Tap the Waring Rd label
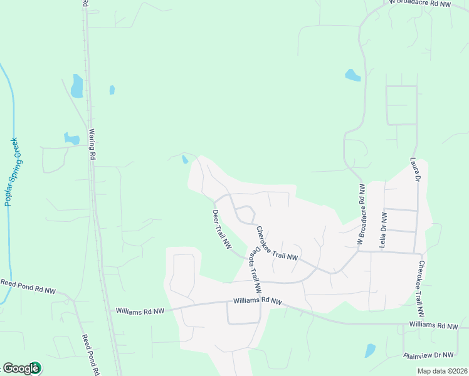(x=92, y=145)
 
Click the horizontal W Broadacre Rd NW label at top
(x=419, y=4)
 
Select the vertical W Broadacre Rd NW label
(x=361, y=214)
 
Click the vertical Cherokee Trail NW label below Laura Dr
(x=421, y=288)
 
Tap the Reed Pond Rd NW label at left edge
(x=28, y=286)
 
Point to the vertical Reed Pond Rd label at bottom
(x=91, y=355)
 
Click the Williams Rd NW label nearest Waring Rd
(x=140, y=310)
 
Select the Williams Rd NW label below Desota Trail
(x=258, y=301)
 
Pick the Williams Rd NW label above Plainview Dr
(x=434, y=325)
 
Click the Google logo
(x=21, y=368)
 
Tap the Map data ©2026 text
(x=441, y=371)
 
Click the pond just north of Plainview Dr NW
(x=370, y=350)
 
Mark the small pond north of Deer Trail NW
(x=184, y=159)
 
